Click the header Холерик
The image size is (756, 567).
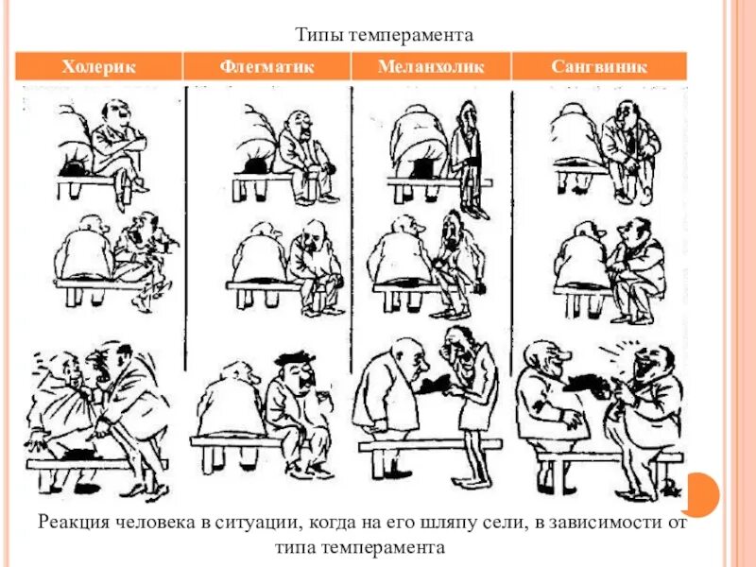click(x=99, y=66)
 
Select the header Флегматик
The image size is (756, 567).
click(x=266, y=66)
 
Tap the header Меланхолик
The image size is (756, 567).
click(x=430, y=66)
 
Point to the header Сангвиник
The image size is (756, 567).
click(x=599, y=66)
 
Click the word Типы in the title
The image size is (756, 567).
click(x=318, y=35)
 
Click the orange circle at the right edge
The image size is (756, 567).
click(x=700, y=494)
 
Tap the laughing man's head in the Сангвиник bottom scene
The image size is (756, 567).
click(x=652, y=362)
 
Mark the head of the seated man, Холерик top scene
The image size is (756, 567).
click(x=115, y=113)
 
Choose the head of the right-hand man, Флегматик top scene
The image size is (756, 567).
click(x=298, y=123)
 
